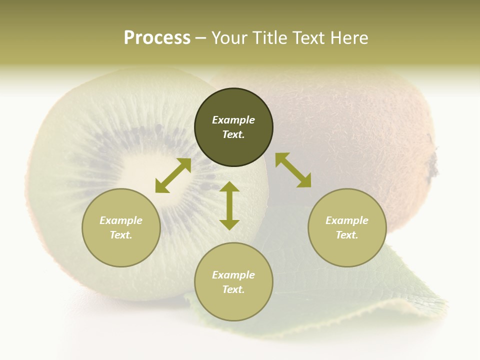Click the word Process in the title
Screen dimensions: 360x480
(157, 38)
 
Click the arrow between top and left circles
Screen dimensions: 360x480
(173, 175)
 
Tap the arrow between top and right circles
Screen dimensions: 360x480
(293, 170)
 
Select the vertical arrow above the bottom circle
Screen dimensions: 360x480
(229, 205)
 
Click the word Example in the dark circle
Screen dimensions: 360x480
(233, 120)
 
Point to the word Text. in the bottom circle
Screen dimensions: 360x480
(233, 289)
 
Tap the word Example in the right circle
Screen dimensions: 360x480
(347, 220)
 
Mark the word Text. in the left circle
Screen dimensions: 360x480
(121, 235)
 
